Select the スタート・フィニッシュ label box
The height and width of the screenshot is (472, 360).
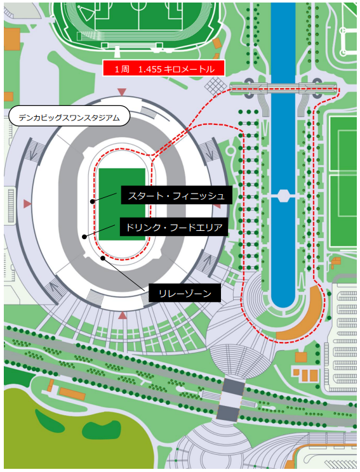177,195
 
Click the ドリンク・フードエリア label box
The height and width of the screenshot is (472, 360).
174,227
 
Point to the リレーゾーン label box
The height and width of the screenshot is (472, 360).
185,292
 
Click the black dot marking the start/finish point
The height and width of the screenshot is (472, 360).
93,201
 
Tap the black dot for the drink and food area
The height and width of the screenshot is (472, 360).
84,237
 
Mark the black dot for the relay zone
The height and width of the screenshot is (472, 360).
103,258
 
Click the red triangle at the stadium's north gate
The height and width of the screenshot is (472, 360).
122,91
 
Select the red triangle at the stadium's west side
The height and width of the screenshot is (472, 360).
27,204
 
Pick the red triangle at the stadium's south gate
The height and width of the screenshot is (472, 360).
123,315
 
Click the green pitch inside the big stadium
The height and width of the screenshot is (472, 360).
123,204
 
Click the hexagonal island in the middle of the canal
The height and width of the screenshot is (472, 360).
283,195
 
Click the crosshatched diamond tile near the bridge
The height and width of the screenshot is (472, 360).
216,86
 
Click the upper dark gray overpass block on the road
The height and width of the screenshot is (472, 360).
234,387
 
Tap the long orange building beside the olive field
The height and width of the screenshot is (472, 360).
72,393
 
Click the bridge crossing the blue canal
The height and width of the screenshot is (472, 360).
283,88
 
